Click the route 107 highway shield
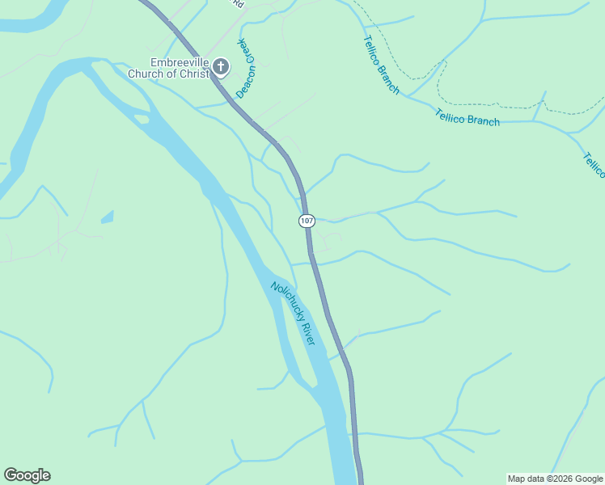coord(306,221)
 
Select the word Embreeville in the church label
coord(178,63)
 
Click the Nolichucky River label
coord(292,314)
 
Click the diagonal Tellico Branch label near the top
coord(380,65)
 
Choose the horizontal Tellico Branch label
coord(467,117)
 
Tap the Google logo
coord(27,475)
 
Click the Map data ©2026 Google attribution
coord(556,479)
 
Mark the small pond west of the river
coord(108,217)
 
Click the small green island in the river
coord(142,120)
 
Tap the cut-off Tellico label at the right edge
coord(594,165)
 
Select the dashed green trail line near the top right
coord(485,104)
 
